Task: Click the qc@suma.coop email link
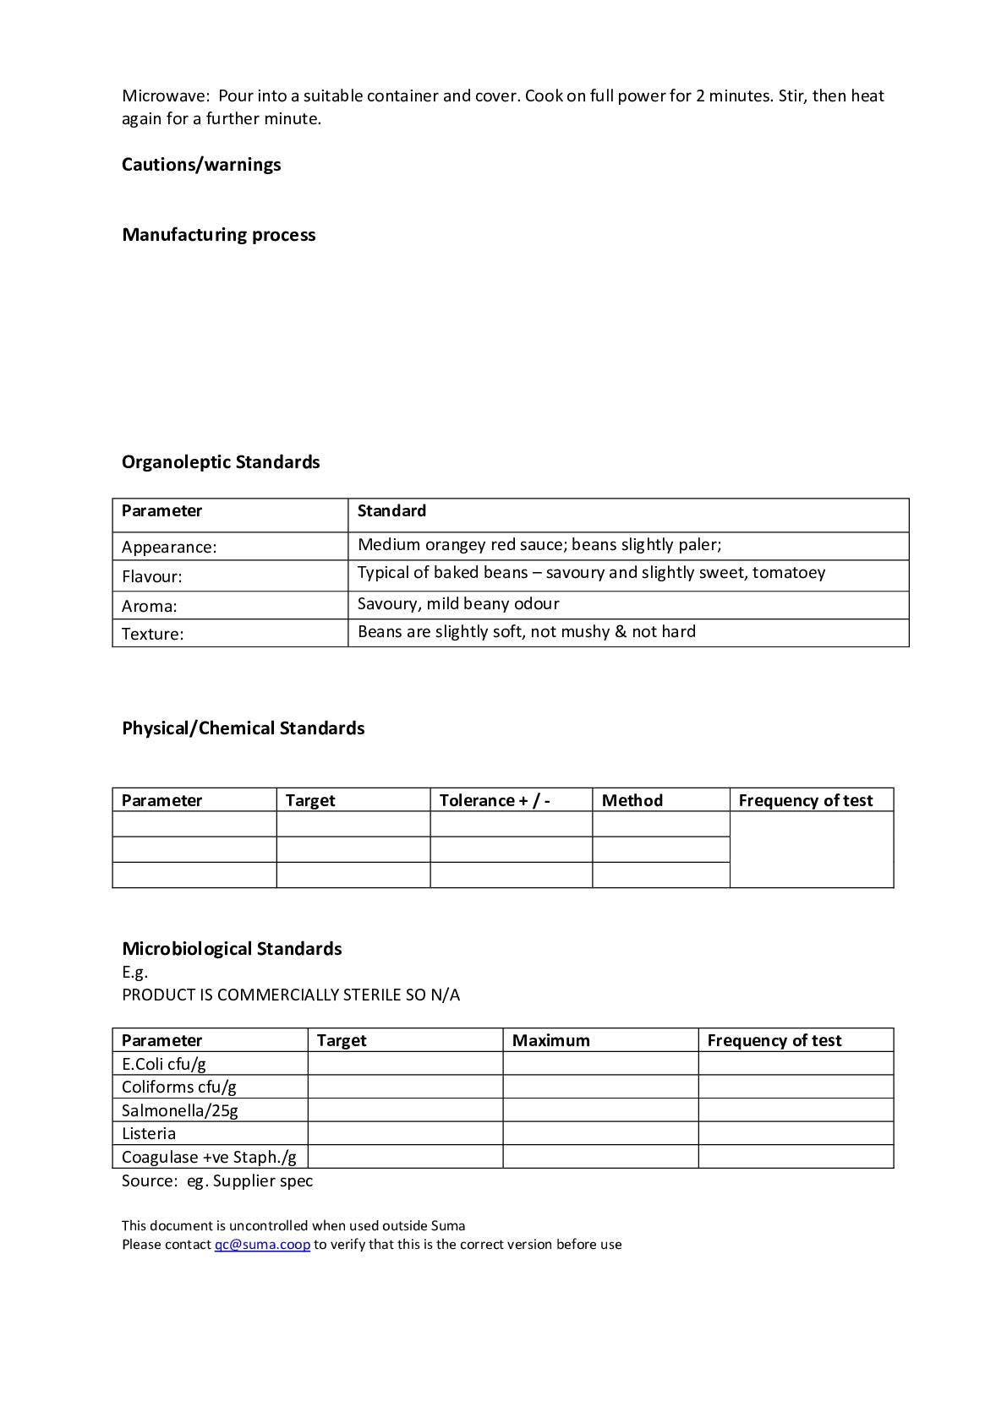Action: click(x=262, y=1244)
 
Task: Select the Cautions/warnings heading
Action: click(x=201, y=165)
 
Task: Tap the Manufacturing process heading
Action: click(x=218, y=235)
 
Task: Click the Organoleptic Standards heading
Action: click(x=221, y=462)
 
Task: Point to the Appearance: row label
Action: click(x=169, y=547)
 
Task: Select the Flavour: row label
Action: click(x=152, y=576)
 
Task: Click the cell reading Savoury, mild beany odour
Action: click(x=458, y=604)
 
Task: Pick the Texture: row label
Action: click(x=152, y=634)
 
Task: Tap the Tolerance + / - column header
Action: click(x=495, y=800)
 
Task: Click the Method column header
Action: click(x=632, y=800)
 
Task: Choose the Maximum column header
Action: click(x=550, y=1040)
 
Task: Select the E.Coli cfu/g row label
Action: click(x=164, y=1064)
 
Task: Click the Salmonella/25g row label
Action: click(x=179, y=1110)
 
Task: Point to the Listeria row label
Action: click(x=149, y=1134)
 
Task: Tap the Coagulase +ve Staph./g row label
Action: click(x=209, y=1157)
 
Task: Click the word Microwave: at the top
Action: click(x=165, y=96)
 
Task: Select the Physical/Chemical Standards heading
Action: click(x=243, y=728)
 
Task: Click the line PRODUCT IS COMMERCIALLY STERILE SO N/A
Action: click(x=291, y=995)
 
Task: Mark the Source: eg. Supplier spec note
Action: click(x=217, y=1180)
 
